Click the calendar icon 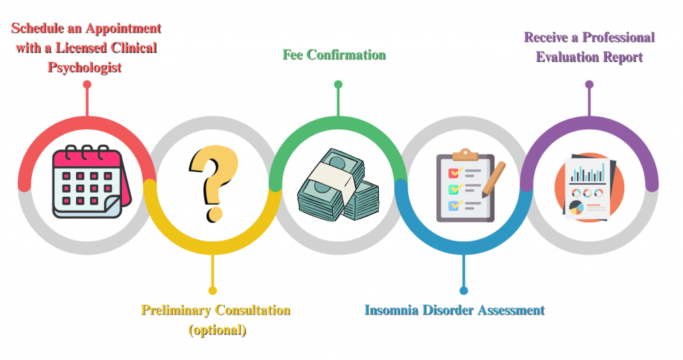91,182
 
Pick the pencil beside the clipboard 494,179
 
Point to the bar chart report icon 590,188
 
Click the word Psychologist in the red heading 85,68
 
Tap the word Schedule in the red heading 37,28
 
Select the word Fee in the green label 293,55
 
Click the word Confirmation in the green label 346,55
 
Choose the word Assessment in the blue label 512,310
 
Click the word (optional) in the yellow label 217,330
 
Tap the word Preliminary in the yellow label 176,311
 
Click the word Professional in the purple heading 618,37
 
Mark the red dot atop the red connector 87,85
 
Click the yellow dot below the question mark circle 213,291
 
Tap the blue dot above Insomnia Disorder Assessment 464,291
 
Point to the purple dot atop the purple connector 590,85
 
